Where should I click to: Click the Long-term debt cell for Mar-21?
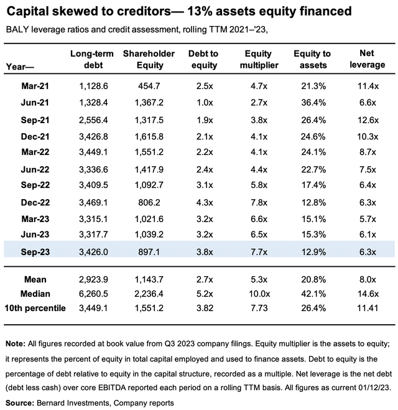pyautogui.click(x=93, y=86)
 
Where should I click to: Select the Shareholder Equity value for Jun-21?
pyautogui.click(x=149, y=103)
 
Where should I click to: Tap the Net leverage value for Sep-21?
pyautogui.click(x=368, y=120)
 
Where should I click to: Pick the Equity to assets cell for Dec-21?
pyautogui.click(x=313, y=136)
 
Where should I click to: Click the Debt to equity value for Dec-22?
pyautogui.click(x=205, y=202)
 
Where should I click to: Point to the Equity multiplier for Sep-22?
pyautogui.click(x=259, y=185)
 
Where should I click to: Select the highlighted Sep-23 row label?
pyautogui.click(x=35, y=252)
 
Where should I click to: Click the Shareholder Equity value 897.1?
pyautogui.click(x=149, y=252)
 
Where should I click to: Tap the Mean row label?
pyautogui.click(x=35, y=279)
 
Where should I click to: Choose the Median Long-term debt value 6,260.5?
pyautogui.click(x=93, y=294)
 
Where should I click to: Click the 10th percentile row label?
pyautogui.click(x=35, y=308)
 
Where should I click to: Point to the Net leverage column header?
pyautogui.click(x=367, y=59)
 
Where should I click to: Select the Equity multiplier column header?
pyautogui.click(x=259, y=59)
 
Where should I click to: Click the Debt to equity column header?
pyautogui.click(x=204, y=59)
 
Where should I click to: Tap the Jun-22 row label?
pyautogui.click(x=35, y=169)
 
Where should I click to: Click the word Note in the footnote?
pyautogui.click(x=15, y=343)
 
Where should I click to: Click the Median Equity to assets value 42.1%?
pyautogui.click(x=313, y=294)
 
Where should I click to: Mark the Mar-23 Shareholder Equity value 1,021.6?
pyautogui.click(x=149, y=219)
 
